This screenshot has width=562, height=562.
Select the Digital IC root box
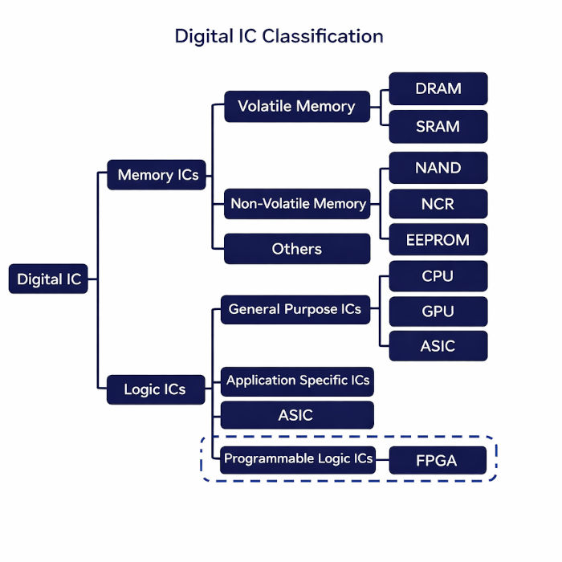point(49,279)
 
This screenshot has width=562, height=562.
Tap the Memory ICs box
point(157,175)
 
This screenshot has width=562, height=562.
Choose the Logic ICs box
point(155,389)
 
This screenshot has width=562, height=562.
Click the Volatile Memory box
point(296,106)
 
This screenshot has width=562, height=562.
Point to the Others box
point(296,249)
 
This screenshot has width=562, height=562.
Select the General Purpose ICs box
point(295,309)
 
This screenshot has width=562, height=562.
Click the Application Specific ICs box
point(297,380)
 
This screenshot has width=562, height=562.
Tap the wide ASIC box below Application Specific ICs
point(296,415)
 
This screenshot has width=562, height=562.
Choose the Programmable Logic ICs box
point(298,458)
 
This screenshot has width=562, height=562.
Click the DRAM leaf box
point(438,89)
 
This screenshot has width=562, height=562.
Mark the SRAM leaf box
point(438,127)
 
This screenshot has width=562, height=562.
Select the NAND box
point(438,168)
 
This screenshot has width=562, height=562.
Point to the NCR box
point(438,204)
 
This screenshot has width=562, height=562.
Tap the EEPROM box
point(438,239)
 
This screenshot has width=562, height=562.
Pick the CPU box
point(438,276)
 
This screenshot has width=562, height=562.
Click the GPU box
point(438,312)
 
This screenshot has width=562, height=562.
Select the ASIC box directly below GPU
point(438,346)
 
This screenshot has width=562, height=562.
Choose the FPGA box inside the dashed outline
point(438,461)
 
